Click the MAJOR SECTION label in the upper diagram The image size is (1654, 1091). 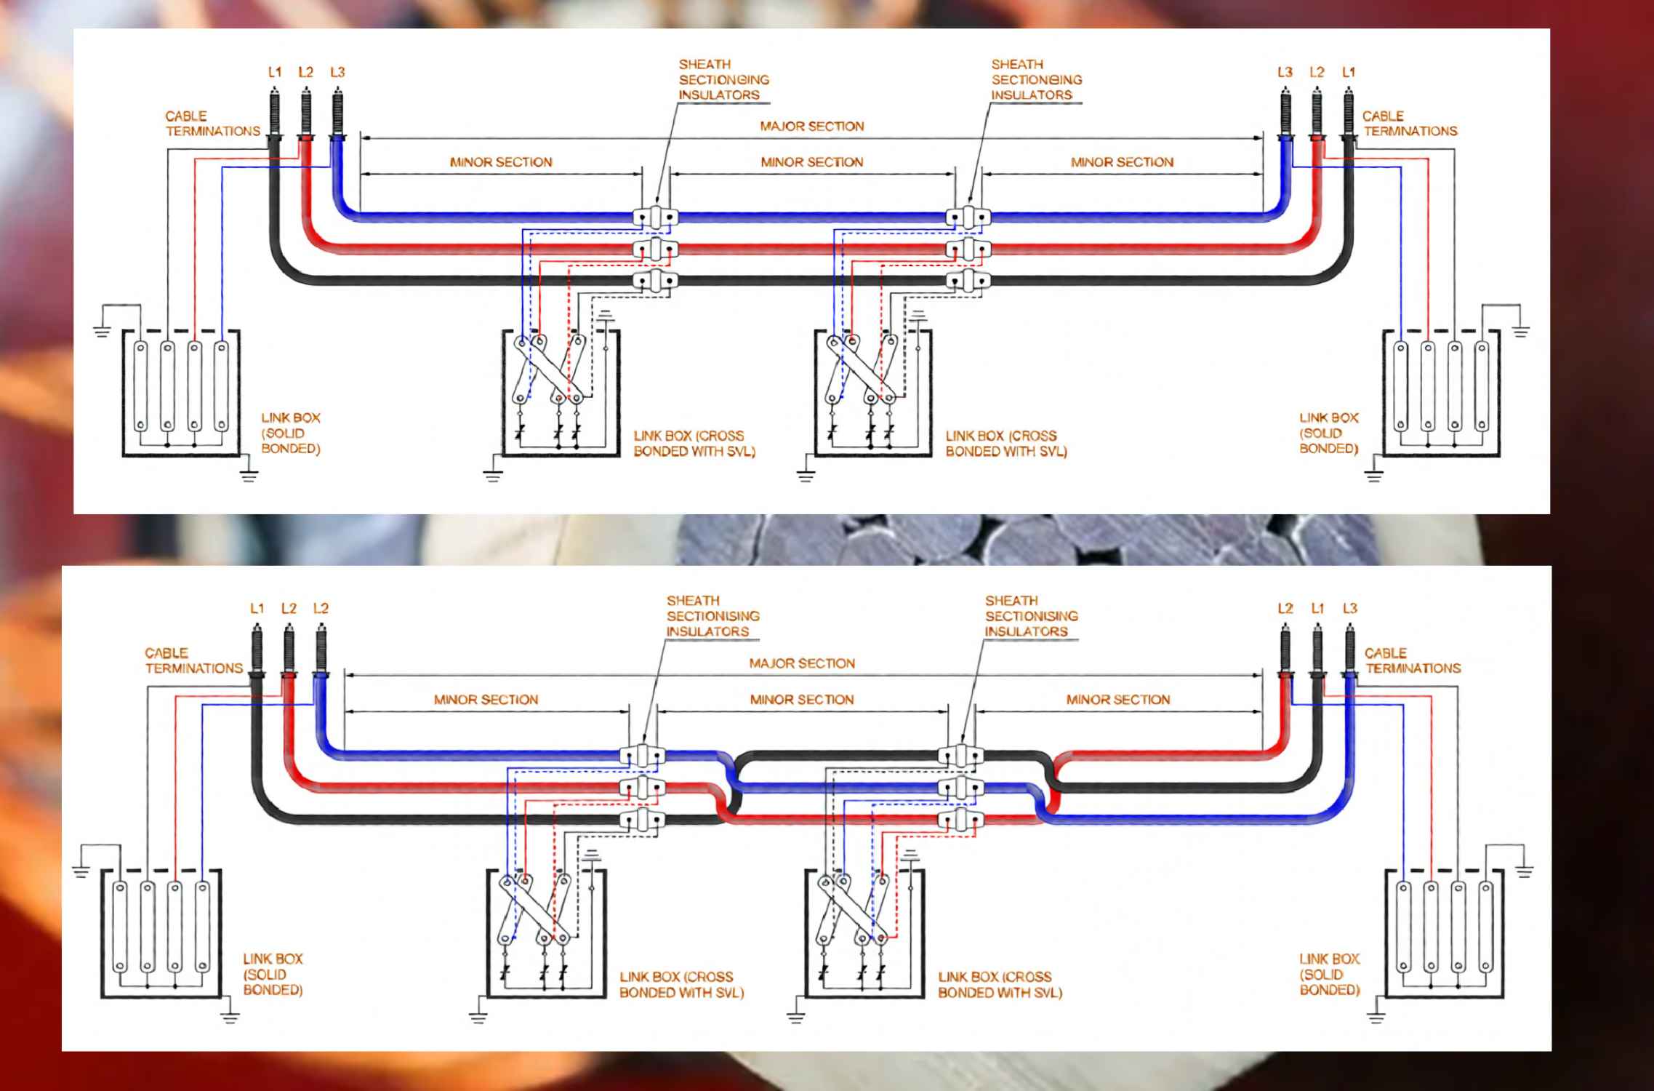[x=811, y=127]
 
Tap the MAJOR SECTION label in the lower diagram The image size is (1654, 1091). [x=801, y=663]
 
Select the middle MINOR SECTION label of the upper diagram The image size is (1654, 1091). [x=811, y=162]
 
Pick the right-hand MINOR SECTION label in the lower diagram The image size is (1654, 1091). [x=1117, y=700]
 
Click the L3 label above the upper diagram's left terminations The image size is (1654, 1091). [x=337, y=73]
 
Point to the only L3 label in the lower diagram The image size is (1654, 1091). [x=1349, y=609]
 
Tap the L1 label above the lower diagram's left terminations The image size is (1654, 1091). [x=257, y=609]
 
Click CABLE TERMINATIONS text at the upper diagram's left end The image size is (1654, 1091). [x=212, y=124]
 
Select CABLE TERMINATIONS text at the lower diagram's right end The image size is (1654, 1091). [x=1412, y=660]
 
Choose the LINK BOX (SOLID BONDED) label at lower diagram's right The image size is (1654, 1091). [x=1329, y=974]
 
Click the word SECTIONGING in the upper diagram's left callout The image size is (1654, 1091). [x=723, y=80]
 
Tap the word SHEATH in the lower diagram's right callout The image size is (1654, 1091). [x=1011, y=601]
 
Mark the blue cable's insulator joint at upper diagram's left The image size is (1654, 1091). [x=655, y=217]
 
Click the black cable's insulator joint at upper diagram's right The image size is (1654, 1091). [x=968, y=281]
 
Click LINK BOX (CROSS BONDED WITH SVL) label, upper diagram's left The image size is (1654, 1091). [x=694, y=444]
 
